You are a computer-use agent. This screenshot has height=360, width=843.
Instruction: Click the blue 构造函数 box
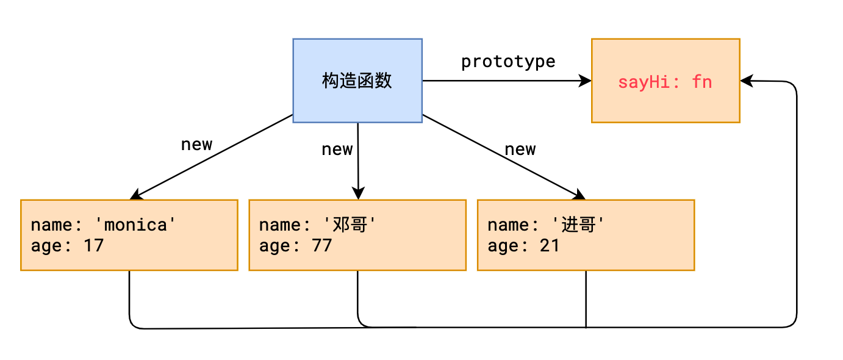point(357,81)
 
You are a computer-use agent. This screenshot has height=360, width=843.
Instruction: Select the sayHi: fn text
point(665,82)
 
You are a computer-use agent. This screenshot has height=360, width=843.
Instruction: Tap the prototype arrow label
point(508,62)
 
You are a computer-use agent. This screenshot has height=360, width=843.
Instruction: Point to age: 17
point(67,246)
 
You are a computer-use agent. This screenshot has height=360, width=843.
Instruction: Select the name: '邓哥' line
point(315,225)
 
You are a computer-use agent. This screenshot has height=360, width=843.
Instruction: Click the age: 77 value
point(295,246)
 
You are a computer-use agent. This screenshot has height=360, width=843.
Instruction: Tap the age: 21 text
point(523,246)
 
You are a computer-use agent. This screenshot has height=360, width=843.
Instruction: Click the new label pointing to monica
point(196,145)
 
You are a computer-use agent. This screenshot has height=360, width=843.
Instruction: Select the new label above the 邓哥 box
point(337,149)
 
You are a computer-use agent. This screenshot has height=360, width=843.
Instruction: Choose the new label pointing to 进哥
point(520,149)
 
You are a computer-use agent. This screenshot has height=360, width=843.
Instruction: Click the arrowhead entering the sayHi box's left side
point(586,81)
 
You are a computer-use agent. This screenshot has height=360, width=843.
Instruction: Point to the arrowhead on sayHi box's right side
point(747,81)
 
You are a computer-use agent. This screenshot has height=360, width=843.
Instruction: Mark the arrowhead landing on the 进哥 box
point(578,195)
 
